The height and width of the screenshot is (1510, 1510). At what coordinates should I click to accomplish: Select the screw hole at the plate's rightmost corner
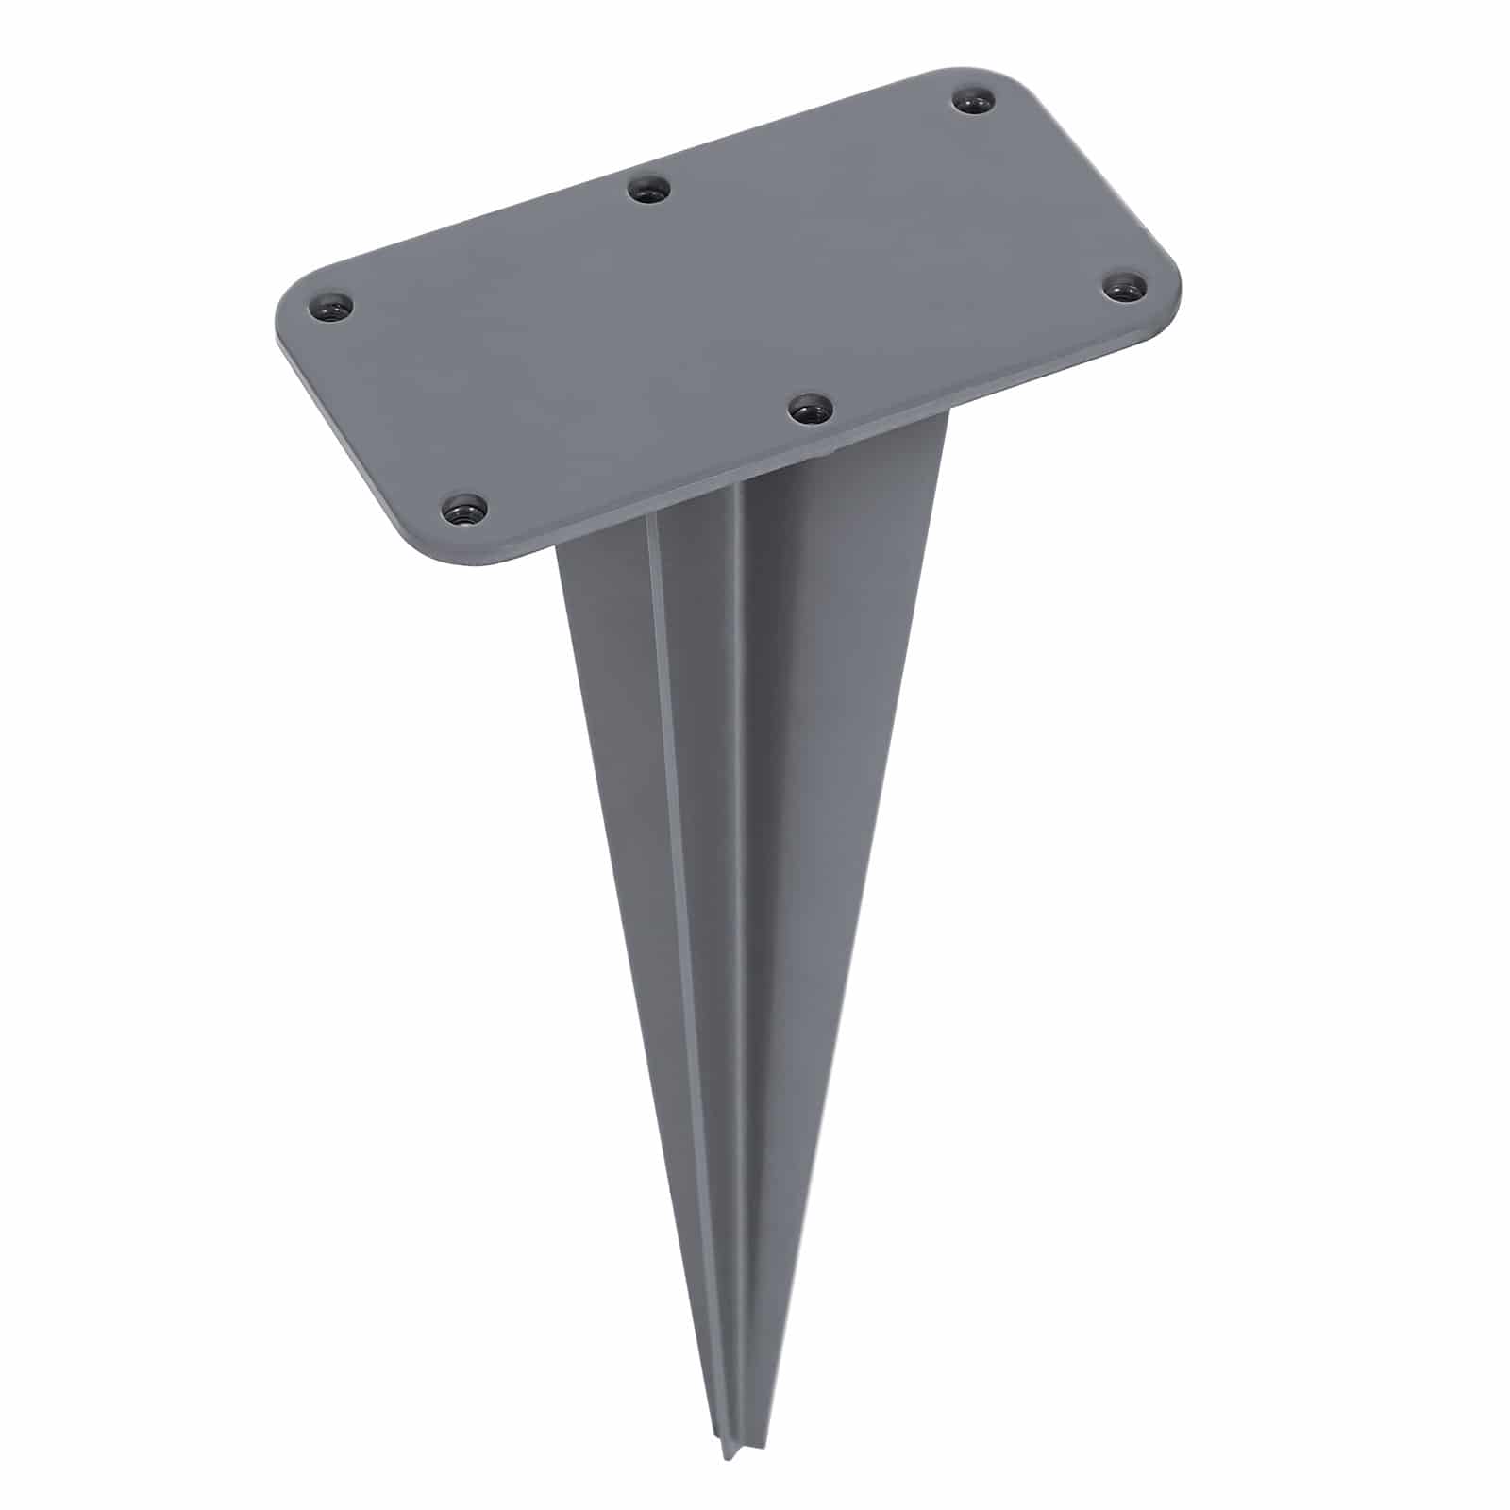click(1123, 285)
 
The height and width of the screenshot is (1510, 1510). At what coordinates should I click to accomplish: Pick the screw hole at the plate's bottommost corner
click(464, 511)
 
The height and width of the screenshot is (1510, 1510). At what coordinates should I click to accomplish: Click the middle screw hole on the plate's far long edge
click(649, 190)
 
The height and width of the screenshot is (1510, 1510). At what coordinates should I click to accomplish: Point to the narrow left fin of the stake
click(613, 755)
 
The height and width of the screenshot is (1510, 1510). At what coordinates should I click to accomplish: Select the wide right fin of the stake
click(830, 755)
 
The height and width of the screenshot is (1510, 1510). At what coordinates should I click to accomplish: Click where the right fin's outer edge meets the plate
click(947, 415)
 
